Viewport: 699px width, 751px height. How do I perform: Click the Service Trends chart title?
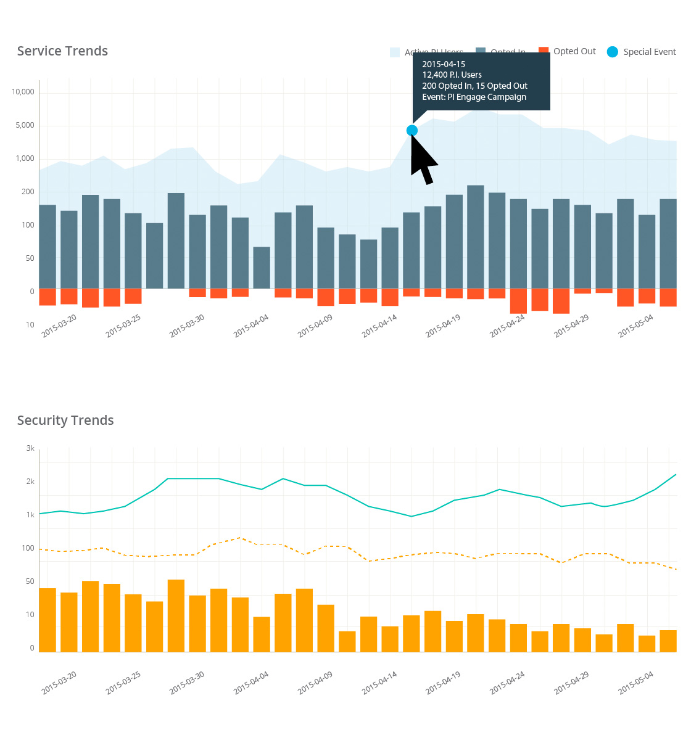pos(62,51)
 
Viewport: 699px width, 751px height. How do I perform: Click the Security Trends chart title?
pos(65,421)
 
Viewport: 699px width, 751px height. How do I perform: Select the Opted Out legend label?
pos(574,51)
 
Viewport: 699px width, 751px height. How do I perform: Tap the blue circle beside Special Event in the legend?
pos(612,52)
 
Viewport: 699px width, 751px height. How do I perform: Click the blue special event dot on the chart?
pos(412,130)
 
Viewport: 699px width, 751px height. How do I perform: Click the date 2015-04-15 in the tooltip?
pos(444,64)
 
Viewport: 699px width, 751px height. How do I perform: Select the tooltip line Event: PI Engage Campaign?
pos(474,97)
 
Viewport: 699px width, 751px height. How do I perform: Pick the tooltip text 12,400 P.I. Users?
pos(452,75)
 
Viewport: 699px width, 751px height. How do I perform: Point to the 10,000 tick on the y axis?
pos(23,92)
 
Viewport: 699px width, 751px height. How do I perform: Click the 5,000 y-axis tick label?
pos(25,125)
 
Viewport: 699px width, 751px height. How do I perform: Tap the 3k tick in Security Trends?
pos(30,448)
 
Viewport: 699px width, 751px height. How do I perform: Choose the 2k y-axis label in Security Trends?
pos(30,482)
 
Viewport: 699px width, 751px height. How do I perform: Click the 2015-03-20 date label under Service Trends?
pos(59,326)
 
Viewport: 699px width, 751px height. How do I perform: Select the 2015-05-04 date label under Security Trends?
pos(635,683)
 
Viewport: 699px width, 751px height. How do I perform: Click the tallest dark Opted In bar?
pos(475,237)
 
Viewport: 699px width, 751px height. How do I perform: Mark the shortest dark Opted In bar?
pos(262,268)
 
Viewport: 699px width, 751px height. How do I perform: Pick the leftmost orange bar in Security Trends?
pos(48,620)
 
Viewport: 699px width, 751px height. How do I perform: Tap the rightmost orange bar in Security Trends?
pos(668,641)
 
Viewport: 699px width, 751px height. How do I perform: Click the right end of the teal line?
pos(676,475)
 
